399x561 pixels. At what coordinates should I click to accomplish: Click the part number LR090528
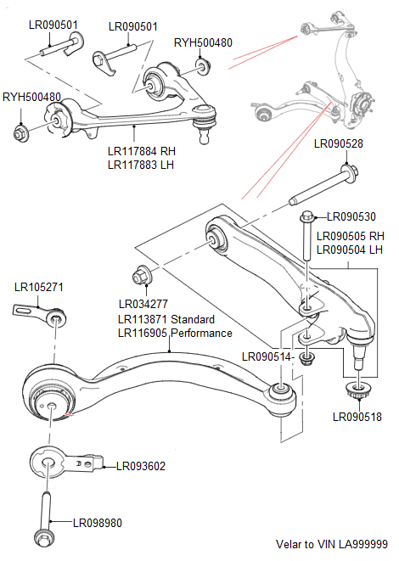[x=338, y=143]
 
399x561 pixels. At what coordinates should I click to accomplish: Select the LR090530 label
[x=351, y=217]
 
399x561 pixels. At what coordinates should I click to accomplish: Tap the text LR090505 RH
[x=351, y=237]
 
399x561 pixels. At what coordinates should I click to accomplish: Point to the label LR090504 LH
[x=350, y=250]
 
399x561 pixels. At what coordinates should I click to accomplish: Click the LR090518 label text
[x=357, y=417]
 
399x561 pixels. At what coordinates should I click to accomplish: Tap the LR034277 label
[x=143, y=304]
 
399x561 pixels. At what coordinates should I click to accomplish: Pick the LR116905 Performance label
[x=175, y=334]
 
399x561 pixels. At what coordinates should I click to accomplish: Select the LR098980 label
[x=97, y=523]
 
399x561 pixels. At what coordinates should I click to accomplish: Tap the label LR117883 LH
[x=140, y=165]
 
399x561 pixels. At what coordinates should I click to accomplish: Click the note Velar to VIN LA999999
[x=332, y=544]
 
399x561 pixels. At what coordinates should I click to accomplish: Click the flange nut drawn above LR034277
[x=140, y=276]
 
